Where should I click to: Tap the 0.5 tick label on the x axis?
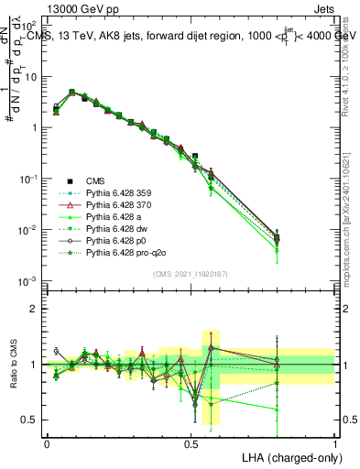191,442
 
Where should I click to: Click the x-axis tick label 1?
335,442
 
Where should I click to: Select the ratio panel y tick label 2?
34,309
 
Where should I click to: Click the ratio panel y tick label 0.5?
30,420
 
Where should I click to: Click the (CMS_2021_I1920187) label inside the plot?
191,273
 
